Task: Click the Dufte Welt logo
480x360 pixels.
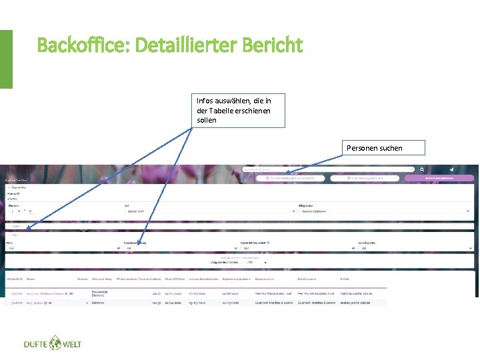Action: pyautogui.click(x=52, y=344)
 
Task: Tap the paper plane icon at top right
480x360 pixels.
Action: pyautogui.click(x=451, y=169)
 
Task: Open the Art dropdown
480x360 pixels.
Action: pyautogui.click(x=211, y=211)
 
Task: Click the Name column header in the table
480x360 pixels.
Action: pyautogui.click(x=31, y=278)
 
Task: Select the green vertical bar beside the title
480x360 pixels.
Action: pyautogui.click(x=6, y=59)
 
